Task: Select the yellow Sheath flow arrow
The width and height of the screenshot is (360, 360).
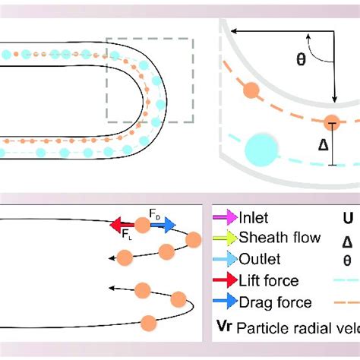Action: [226, 238]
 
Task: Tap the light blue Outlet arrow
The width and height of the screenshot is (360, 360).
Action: [226, 260]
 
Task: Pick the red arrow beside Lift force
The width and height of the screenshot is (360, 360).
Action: [226, 281]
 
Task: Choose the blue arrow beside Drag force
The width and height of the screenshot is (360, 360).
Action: [226, 302]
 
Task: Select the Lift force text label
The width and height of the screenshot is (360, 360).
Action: [270, 281]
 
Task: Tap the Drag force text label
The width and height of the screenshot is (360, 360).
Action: [275, 302]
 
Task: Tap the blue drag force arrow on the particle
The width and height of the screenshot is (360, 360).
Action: [163, 224]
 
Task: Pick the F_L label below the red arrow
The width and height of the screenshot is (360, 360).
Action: [126, 236]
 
